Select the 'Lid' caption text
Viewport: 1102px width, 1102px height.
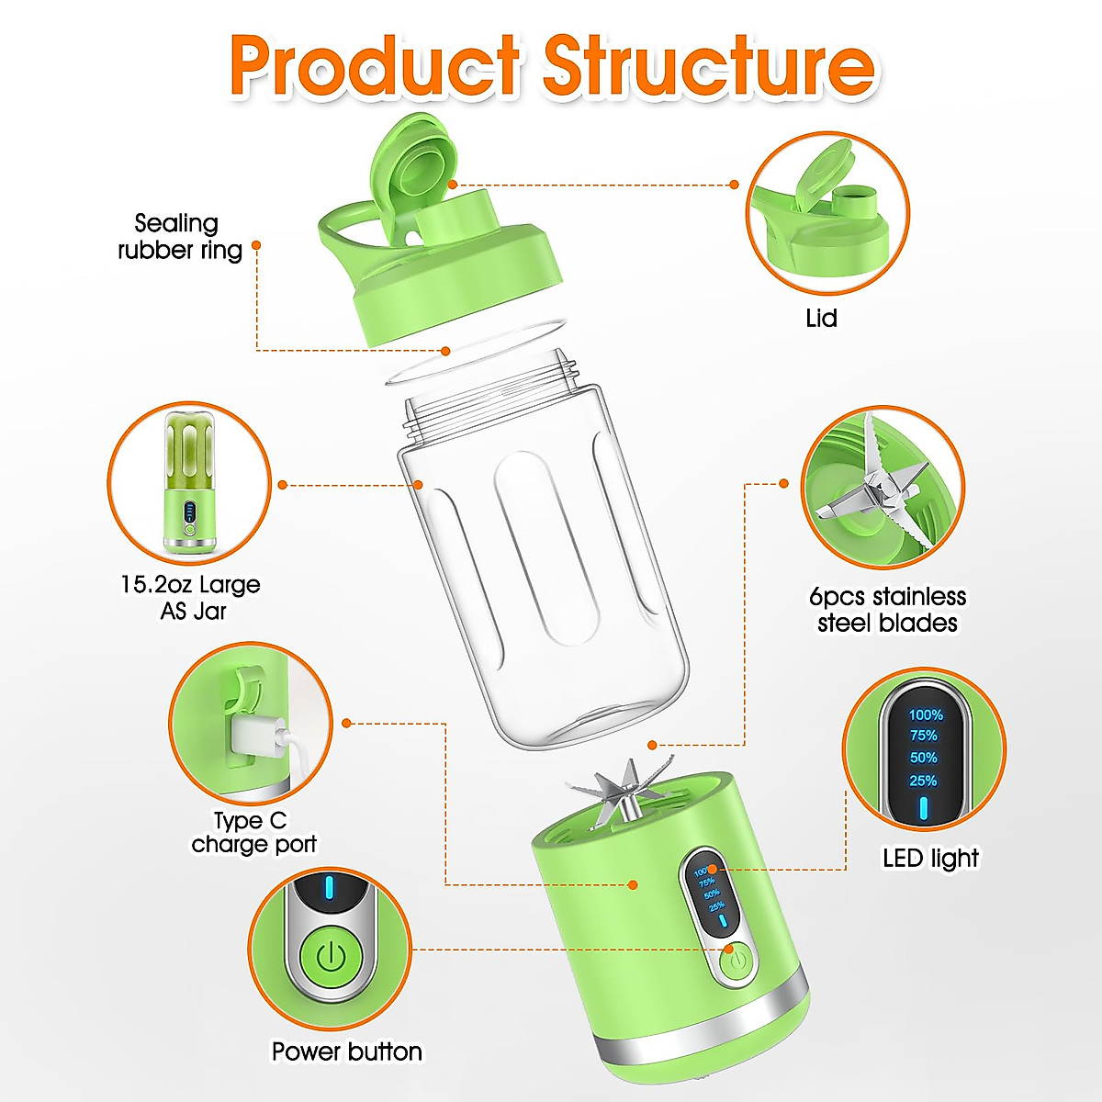[821, 319]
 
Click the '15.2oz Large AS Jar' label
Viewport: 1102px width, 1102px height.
[190, 598]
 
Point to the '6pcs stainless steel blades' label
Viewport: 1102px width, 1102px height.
[887, 610]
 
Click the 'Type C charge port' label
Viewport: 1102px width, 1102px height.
[253, 832]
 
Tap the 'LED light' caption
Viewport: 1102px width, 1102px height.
[930, 859]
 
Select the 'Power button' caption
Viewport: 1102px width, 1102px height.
[346, 1051]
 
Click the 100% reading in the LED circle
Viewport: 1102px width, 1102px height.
[926, 714]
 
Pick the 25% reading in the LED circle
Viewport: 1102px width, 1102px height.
[923, 781]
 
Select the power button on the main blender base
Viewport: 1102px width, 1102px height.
[735, 963]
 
